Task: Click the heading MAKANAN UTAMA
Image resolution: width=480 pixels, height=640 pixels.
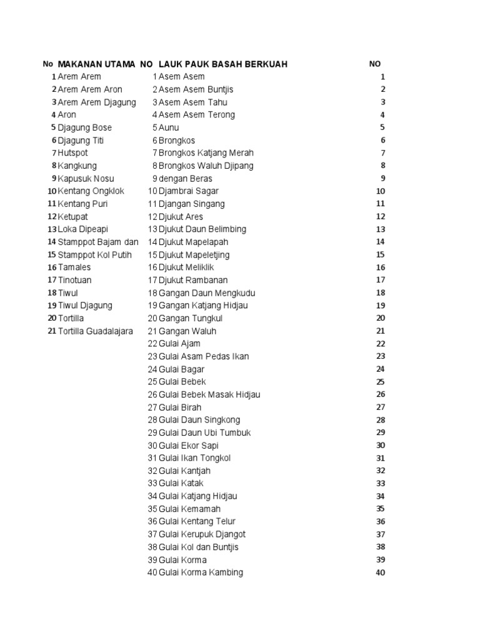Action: coord(97,64)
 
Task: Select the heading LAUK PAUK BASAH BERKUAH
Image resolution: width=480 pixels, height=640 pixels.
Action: coord(223,64)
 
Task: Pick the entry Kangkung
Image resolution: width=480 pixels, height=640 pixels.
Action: coord(77,166)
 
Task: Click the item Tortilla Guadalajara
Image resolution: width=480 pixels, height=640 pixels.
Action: coord(96,331)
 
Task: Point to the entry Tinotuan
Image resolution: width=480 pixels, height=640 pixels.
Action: coord(74,280)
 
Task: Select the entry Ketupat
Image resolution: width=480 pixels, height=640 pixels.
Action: coord(73,216)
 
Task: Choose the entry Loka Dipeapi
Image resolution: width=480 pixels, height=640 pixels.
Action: coord(83,229)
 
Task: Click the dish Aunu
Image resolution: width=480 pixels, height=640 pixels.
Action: coord(169,127)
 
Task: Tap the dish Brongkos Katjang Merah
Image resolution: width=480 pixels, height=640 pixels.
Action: coord(206,152)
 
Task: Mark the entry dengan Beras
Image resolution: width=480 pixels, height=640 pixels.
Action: coord(186,178)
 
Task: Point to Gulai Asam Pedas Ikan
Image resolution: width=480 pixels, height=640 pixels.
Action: coord(204,356)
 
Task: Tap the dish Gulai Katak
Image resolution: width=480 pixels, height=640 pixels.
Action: coord(181,483)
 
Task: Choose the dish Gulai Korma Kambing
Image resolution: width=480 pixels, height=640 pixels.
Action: coord(201,572)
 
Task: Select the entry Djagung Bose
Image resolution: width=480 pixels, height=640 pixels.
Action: coord(85,127)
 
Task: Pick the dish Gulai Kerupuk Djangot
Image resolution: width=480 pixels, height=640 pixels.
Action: coord(202,534)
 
